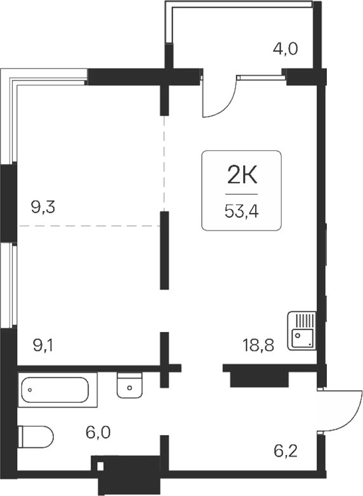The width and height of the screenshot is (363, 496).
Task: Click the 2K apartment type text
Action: pos(242,173)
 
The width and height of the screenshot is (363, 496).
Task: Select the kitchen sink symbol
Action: pos(301,331)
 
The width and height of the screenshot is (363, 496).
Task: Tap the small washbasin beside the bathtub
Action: pos(131,386)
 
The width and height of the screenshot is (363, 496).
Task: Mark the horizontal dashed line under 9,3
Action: pos(89,226)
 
